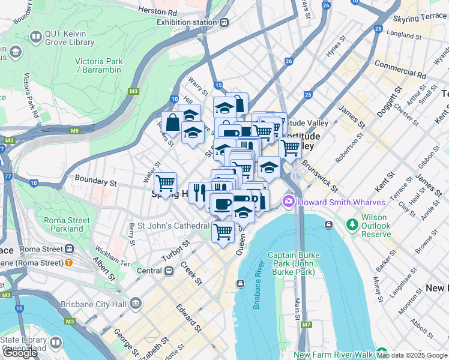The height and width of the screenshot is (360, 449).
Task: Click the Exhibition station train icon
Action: (224, 23)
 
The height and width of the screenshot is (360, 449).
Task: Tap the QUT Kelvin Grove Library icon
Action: (35, 38)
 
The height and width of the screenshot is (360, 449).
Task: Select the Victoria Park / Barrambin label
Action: (99, 65)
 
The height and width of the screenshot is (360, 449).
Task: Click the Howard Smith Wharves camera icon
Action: (289, 201)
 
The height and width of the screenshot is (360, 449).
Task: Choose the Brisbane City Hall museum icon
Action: (136, 303)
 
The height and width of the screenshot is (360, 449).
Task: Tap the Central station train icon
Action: (170, 271)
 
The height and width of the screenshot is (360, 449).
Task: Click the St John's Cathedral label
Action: (173, 226)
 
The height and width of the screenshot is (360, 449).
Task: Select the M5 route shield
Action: (74, 130)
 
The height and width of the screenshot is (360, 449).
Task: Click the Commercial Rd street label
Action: (400, 70)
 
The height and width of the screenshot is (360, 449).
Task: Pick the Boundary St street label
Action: (95, 180)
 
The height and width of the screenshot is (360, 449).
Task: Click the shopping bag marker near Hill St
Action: (172, 122)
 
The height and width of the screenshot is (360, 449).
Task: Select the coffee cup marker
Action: (222, 203)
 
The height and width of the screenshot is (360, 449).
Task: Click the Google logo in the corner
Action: (20, 353)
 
